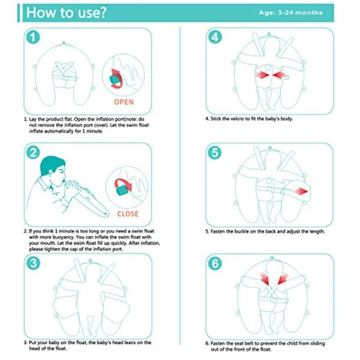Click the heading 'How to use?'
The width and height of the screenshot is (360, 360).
pyautogui.click(x=66, y=12)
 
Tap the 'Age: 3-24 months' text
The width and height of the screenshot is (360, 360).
pyautogui.click(x=291, y=13)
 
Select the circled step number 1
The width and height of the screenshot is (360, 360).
pyautogui.click(x=33, y=38)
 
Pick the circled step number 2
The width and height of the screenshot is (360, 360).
pyautogui.click(x=33, y=153)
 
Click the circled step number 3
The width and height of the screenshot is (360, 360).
pyautogui.click(x=33, y=263)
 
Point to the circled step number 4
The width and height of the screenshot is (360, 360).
pyautogui.click(x=215, y=37)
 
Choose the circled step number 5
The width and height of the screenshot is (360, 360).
pyautogui.click(x=215, y=152)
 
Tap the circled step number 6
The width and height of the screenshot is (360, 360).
pyautogui.click(x=215, y=263)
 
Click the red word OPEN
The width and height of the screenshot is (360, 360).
pyautogui.click(x=124, y=102)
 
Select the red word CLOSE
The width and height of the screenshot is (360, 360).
pyautogui.click(x=128, y=214)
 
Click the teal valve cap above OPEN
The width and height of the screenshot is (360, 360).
pyautogui.click(x=114, y=80)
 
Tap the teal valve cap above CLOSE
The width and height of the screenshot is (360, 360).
pyautogui.click(x=122, y=190)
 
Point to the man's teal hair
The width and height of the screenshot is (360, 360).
pyautogui.click(x=52, y=164)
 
